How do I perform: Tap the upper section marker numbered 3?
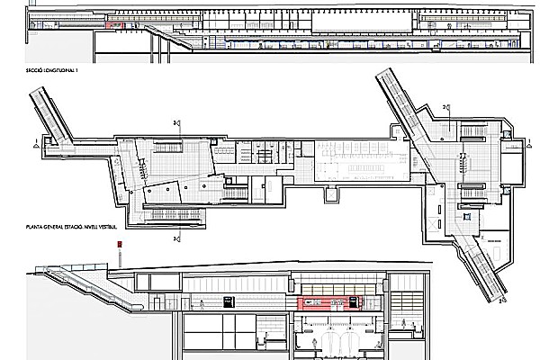click(x=177, y=123)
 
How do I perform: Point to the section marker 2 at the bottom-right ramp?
click(x=500, y=303)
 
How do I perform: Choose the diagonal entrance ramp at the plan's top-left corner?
click(x=49, y=112)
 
